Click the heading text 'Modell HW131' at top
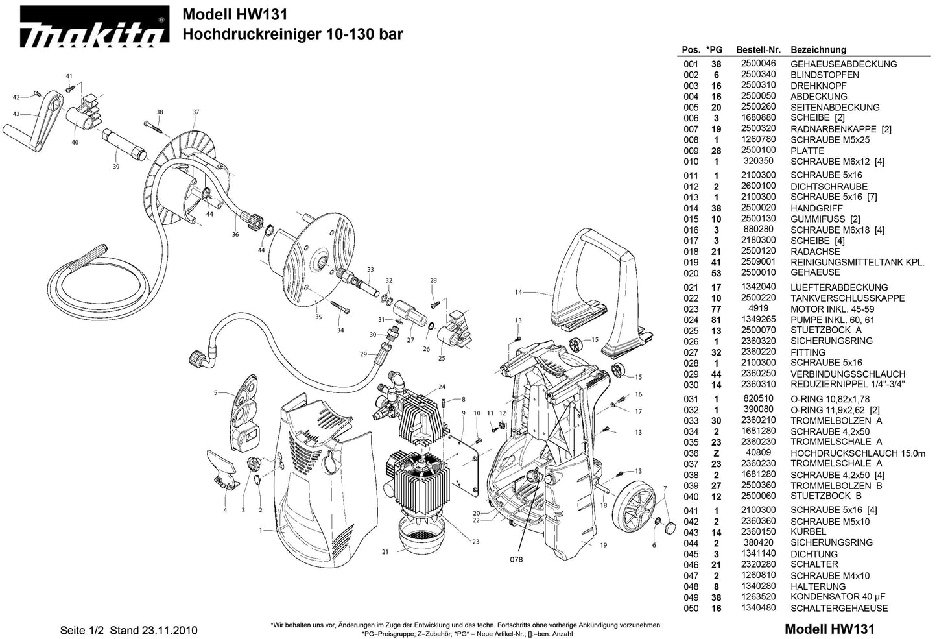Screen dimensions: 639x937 pos(235,14)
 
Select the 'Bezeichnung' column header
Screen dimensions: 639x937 pos(818,50)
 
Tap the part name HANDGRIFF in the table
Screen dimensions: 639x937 pos(816,208)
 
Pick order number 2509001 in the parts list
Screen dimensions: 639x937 pos(758,262)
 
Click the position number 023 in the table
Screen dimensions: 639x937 pos(691,309)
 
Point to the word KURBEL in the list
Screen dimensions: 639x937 pos(808,532)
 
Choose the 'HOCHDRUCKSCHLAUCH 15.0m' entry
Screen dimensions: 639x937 pos(857,453)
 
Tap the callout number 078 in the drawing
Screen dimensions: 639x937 pos(516,559)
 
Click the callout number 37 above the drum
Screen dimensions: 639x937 pos(196,112)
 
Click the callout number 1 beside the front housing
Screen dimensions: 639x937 pos(261,531)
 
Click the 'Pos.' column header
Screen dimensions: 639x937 pos(691,50)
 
